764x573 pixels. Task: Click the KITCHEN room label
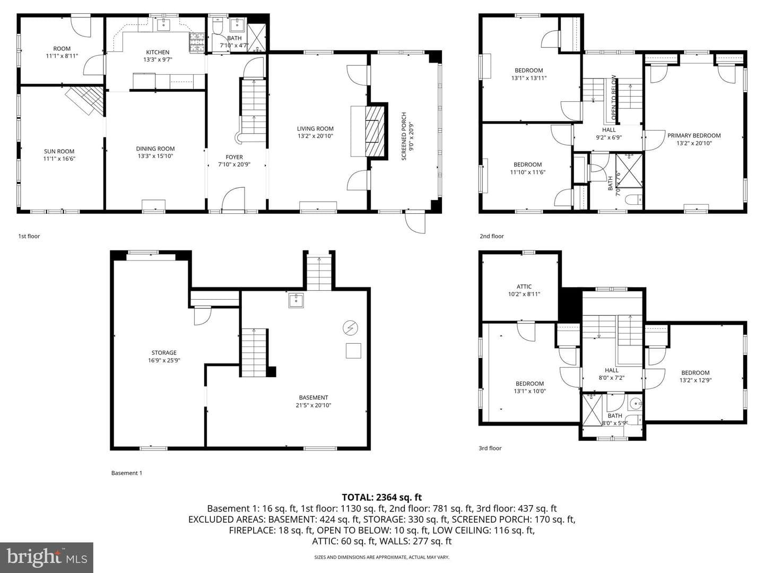(x=158, y=52)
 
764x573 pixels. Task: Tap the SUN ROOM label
(x=59, y=151)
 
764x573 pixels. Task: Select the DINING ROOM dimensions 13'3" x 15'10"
(x=155, y=156)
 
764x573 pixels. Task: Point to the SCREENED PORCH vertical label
(x=404, y=136)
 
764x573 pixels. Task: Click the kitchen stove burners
(x=197, y=42)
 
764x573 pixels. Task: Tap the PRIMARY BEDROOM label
(x=693, y=135)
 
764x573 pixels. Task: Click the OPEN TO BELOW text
(x=613, y=98)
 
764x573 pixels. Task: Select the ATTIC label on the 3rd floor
(x=524, y=286)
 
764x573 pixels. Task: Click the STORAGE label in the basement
(x=164, y=352)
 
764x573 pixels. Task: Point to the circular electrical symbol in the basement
(x=350, y=328)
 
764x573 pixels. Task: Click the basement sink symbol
(x=296, y=300)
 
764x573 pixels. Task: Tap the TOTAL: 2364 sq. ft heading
(x=381, y=497)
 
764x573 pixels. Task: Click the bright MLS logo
(x=47, y=557)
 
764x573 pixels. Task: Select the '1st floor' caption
(x=29, y=236)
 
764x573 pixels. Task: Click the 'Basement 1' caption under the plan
(x=127, y=473)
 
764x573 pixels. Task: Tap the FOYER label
(x=234, y=157)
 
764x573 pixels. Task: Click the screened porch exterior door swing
(x=415, y=223)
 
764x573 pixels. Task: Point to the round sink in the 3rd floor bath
(x=636, y=404)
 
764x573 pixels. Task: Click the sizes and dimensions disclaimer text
(x=381, y=557)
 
